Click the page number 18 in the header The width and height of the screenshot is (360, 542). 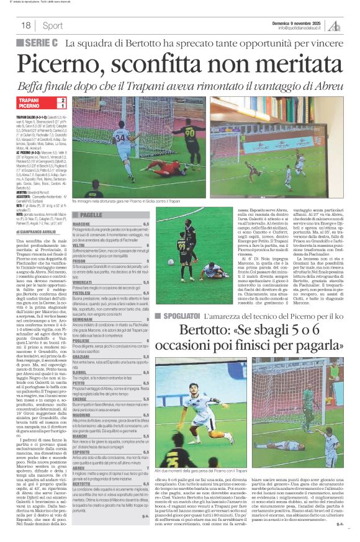(26, 25)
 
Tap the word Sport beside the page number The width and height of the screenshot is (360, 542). (53, 25)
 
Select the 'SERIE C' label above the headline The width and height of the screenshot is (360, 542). (41, 43)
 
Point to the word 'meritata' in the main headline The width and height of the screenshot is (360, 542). (286, 63)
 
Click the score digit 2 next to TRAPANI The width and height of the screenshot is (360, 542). (62, 100)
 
